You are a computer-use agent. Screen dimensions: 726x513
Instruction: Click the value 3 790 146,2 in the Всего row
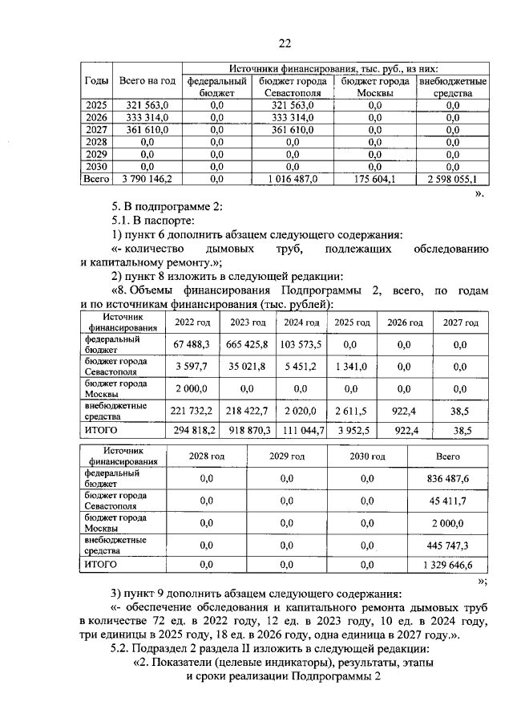pos(147,179)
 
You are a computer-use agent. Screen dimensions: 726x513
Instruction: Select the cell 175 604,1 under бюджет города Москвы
pos(375,179)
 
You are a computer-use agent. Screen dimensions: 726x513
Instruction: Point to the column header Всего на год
pos(147,81)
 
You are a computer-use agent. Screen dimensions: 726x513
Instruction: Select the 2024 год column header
pos(301,322)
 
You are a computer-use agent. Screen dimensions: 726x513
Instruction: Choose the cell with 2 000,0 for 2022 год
pos(191,389)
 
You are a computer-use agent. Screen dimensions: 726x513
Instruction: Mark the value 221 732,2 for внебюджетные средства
pos(191,411)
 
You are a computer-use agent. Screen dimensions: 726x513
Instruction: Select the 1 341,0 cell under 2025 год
pos(352,367)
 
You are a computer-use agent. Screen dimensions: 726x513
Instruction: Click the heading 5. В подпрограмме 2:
pos(167,206)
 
